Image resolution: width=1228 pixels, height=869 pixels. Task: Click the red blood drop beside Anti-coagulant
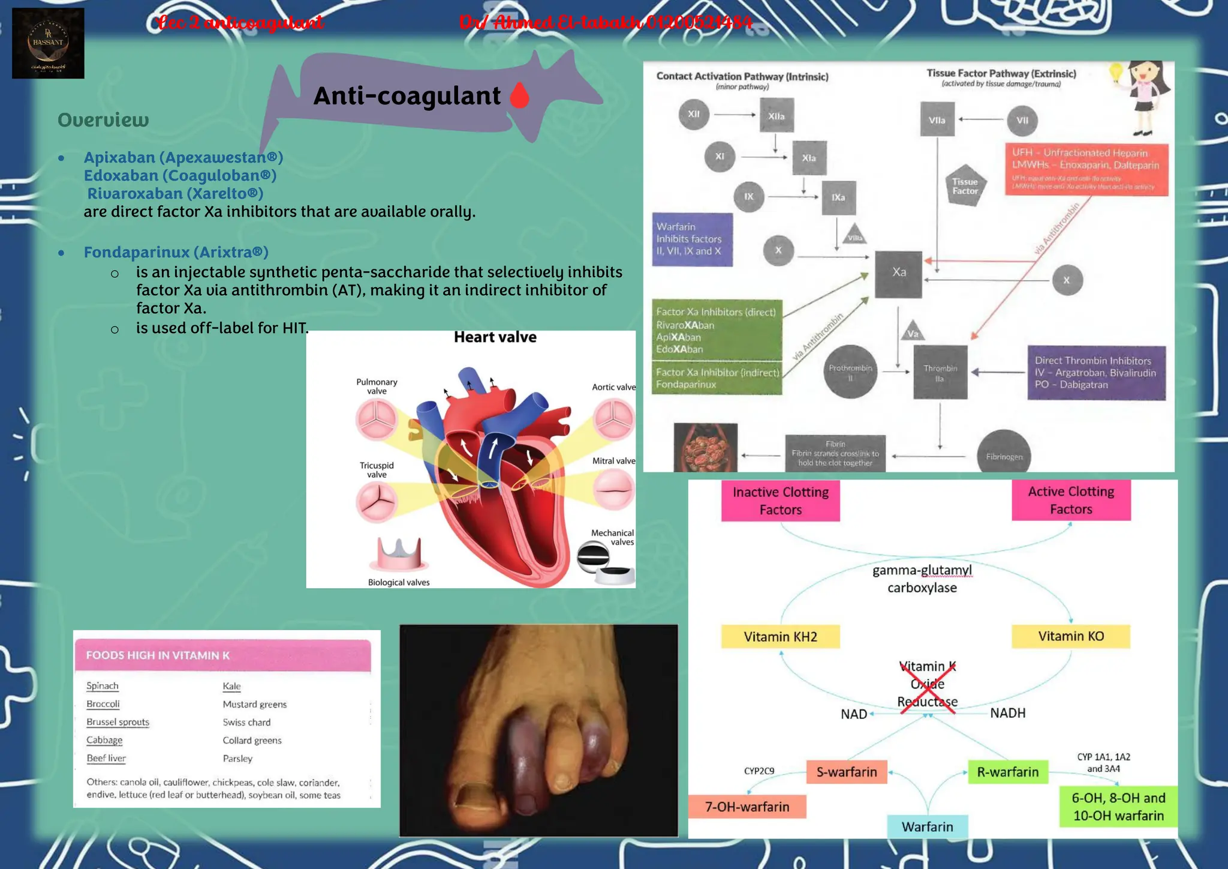[x=519, y=95]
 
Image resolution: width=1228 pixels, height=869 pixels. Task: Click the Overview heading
[x=103, y=120]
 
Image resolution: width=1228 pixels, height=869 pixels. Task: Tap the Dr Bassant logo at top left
[x=48, y=43]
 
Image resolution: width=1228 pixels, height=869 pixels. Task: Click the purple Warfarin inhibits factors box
[x=692, y=239]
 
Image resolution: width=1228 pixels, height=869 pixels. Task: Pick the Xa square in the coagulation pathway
[x=898, y=274]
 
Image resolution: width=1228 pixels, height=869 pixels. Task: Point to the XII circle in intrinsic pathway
[x=694, y=114]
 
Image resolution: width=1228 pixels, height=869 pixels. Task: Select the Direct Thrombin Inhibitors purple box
[x=1096, y=373]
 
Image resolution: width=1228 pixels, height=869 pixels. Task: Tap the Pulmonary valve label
[x=377, y=386]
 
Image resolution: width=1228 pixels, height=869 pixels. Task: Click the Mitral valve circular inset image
[x=613, y=489]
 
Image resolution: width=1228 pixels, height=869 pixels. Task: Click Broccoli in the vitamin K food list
[x=103, y=704]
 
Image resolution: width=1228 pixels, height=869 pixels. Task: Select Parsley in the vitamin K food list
[x=237, y=759]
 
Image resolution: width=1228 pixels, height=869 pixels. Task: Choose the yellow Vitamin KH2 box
[x=780, y=637]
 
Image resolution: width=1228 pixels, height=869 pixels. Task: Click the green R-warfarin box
[x=1007, y=772]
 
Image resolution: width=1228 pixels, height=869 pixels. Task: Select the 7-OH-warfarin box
[x=747, y=807]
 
